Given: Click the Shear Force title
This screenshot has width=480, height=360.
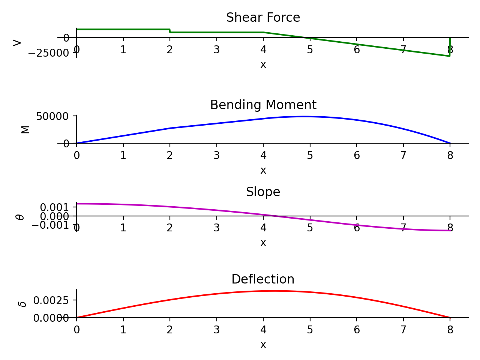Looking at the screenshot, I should tap(263, 18).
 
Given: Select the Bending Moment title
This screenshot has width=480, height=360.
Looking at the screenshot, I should tap(263, 105).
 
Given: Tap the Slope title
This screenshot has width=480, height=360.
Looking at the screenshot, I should tap(263, 192).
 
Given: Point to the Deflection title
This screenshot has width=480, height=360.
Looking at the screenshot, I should tap(263, 279).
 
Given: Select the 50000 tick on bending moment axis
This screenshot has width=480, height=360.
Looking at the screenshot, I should tap(52, 116).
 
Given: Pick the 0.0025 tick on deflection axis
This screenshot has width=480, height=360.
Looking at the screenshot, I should tap(51, 300).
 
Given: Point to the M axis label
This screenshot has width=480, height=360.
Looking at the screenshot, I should tap(25, 129).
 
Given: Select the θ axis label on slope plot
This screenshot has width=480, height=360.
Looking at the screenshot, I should tap(20, 217).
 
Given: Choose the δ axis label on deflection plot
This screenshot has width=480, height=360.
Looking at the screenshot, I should tap(23, 304).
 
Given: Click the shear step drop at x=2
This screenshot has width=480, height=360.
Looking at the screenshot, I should tap(170, 31).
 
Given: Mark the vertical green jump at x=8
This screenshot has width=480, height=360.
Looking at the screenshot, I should tap(450, 46).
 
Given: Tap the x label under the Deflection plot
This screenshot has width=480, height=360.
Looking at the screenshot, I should tap(263, 345).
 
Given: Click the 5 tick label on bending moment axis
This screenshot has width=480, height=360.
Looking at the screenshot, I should tap(310, 156).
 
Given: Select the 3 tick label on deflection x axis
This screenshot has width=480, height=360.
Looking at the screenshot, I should tap(217, 330).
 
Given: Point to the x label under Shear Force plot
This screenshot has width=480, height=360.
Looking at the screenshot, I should tap(263, 65).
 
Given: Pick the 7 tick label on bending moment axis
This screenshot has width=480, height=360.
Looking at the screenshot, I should tap(403, 156).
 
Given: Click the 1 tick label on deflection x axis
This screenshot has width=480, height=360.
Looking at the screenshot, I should tap(123, 330).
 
